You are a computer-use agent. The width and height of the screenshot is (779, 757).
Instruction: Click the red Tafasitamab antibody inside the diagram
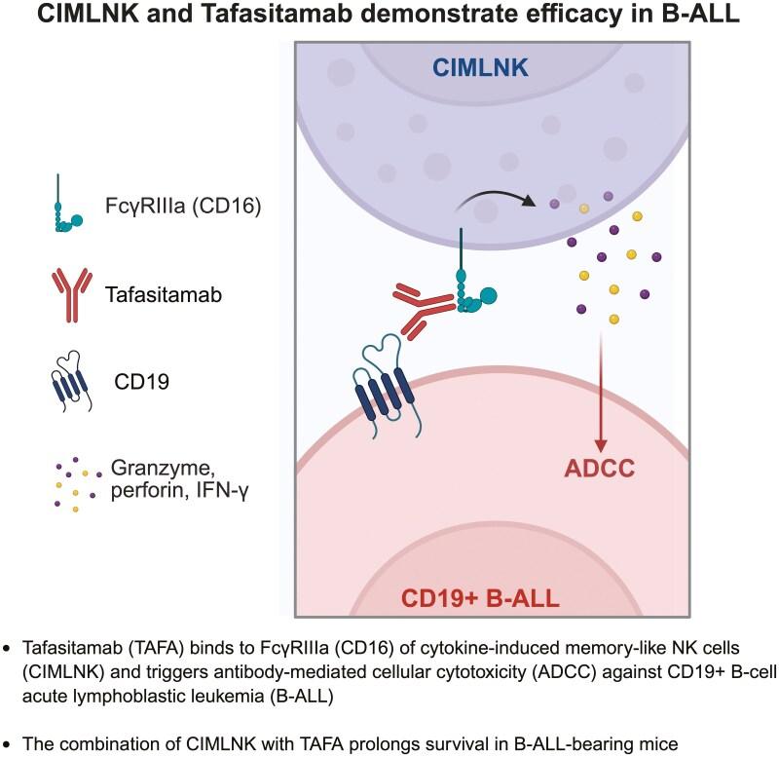[x=427, y=309]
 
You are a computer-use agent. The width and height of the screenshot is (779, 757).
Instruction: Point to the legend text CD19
[x=142, y=383]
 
